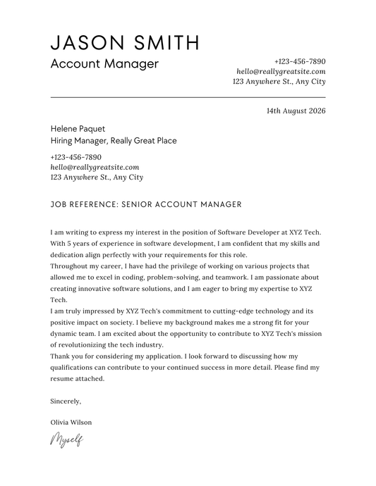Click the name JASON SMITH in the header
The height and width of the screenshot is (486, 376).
(x=125, y=42)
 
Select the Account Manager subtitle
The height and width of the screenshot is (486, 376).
(x=104, y=64)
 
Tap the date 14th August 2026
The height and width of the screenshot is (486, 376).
(x=296, y=111)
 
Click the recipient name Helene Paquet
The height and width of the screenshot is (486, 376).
(x=78, y=129)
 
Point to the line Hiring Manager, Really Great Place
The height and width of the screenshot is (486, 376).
(x=114, y=141)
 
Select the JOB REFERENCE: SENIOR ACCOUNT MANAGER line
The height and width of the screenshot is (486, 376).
(x=146, y=204)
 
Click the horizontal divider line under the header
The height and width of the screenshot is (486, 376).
(x=188, y=97)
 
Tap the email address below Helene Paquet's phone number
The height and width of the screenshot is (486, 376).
(x=95, y=167)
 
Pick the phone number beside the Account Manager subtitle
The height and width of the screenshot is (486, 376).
(x=300, y=61)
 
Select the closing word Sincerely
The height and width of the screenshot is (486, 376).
(x=66, y=401)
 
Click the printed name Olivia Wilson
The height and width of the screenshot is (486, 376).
(x=71, y=423)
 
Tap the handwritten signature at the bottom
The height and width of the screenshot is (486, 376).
(x=66, y=440)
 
